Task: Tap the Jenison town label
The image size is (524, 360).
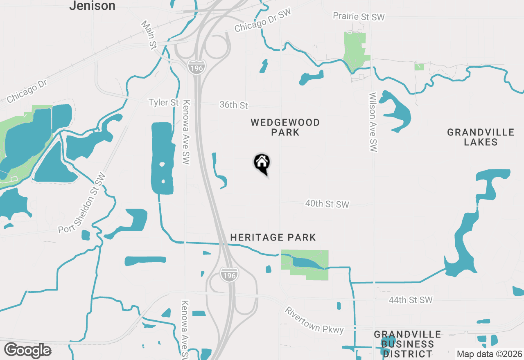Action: tap(92, 6)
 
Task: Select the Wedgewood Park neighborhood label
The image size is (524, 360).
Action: tap(285, 127)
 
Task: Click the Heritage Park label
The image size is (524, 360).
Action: tap(273, 237)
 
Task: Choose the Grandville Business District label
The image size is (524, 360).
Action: tap(407, 344)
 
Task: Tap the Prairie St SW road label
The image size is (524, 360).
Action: tap(359, 16)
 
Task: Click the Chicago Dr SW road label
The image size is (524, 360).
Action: tap(262, 21)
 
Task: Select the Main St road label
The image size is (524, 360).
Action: tap(149, 35)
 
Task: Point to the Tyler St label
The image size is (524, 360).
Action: tap(164, 102)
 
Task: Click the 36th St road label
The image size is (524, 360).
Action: tap(234, 105)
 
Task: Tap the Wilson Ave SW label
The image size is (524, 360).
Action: tap(373, 122)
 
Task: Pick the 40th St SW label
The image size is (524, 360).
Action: tap(327, 204)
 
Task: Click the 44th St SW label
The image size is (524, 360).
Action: tap(410, 300)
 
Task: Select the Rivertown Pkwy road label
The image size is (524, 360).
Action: tap(314, 320)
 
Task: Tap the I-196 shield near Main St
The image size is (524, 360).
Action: tap(196, 67)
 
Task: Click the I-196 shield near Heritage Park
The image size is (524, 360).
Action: tap(228, 275)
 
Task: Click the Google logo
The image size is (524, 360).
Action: tap(27, 351)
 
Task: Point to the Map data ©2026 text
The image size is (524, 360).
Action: tap(489, 354)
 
